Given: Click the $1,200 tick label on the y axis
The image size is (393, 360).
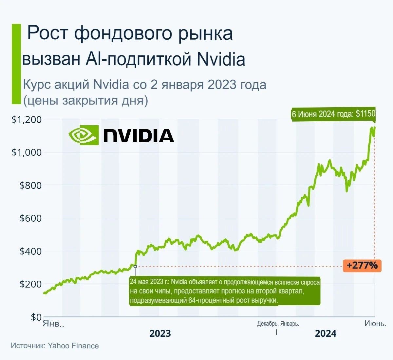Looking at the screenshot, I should click(x=27, y=119).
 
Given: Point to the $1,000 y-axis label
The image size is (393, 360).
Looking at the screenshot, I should click(x=27, y=152).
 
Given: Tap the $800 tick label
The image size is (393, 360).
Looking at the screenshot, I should click(x=30, y=185).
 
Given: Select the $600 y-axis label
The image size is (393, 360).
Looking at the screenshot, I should click(x=30, y=218).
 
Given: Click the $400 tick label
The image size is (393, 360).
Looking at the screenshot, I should click(x=30, y=251).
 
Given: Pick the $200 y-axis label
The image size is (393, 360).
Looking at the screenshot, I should click(x=30, y=284).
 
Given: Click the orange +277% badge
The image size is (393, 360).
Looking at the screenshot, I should click(x=362, y=265).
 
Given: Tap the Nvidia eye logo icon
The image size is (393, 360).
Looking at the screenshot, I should click(x=84, y=135).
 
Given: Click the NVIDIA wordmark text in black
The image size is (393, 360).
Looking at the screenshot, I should click(x=139, y=135).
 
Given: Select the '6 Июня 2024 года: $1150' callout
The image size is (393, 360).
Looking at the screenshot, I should click(x=333, y=114).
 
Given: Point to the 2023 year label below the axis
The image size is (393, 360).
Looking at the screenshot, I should click(x=160, y=333).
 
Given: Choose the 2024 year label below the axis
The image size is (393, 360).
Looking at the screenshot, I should click(x=326, y=333).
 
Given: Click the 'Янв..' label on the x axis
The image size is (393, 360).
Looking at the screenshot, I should click(x=53, y=324).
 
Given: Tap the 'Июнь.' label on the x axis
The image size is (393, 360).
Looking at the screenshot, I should click(x=375, y=324).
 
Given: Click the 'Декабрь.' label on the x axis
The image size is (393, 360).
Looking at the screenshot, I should click(x=268, y=324).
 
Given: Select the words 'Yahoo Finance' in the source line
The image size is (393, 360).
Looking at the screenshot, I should click(x=73, y=346).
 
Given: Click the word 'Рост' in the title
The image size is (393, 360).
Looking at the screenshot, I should click(x=48, y=33).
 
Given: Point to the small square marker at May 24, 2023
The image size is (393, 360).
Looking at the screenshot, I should click(x=135, y=267).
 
